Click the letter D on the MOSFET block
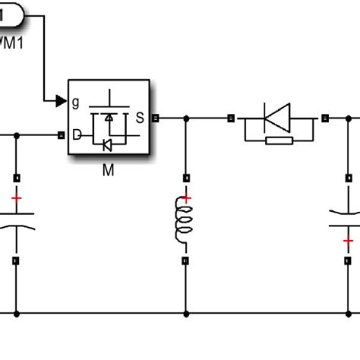click(77, 135)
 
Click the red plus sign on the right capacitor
click(347, 241)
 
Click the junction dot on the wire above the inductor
click(185, 118)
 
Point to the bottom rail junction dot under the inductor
click(185, 313)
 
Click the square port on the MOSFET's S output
click(156, 118)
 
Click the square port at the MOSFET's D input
click(62, 136)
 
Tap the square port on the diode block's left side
click(231, 118)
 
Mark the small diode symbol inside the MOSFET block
click(108, 143)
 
